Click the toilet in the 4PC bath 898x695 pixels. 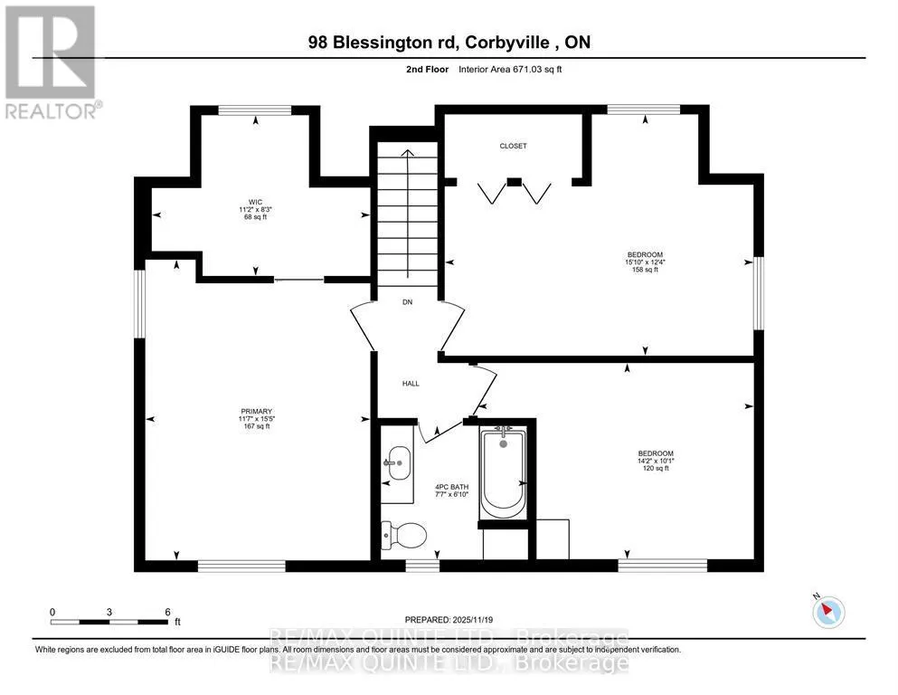pos(404,536)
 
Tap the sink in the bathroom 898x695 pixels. pos(398,462)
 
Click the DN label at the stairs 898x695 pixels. pos(407,302)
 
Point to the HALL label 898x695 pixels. pos(411,384)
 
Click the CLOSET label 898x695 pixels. pos(513,146)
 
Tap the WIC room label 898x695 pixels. pos(255,202)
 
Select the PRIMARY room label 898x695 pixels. pos(257,412)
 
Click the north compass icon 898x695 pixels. pos(827,611)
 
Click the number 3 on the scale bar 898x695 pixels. pos(109,612)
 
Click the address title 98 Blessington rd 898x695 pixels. pos(383,42)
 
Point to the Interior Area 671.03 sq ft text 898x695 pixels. pos(510,70)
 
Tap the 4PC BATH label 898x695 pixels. pos(452,487)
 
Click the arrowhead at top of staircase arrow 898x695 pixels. pos(407,152)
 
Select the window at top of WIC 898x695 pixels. pos(255,110)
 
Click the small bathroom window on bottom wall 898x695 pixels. pos(422,566)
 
